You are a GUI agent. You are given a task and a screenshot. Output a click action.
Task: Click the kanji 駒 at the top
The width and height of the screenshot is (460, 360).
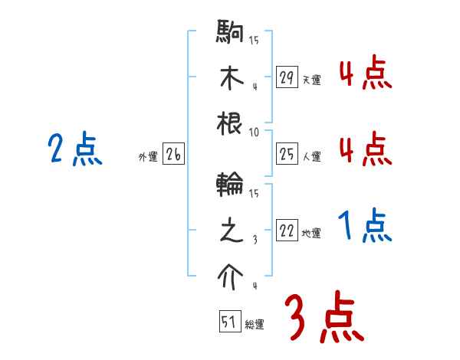pos(231,34)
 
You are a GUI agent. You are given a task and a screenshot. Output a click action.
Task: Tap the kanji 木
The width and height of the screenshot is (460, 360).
pos(231,78)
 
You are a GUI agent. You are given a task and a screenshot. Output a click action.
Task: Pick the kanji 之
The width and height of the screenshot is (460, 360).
pos(231,231)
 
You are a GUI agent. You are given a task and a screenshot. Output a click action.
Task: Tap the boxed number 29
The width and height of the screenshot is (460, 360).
pos(287,77)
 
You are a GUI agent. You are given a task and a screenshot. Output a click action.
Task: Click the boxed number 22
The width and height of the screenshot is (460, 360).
pos(287,231)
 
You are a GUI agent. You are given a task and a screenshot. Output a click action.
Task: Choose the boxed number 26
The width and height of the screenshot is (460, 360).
pos(173,155)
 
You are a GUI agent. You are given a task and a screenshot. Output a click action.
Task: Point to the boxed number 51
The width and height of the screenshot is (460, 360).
pos(229,322)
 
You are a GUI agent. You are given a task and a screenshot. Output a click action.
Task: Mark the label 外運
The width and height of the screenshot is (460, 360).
pos(148,157)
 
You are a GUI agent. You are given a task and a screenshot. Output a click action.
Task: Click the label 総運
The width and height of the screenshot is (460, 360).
pos(254,324)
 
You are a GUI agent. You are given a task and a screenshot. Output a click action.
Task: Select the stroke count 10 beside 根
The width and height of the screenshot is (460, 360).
pos(255,132)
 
